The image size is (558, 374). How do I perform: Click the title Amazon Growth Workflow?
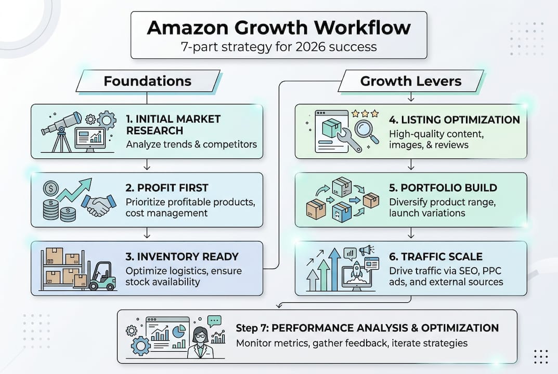coord(278,28)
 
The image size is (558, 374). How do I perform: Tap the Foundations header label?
coord(147,82)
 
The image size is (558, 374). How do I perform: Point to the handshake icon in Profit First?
coord(98,205)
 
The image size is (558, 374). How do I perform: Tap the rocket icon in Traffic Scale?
coord(356,273)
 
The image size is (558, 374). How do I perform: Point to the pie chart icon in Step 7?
coord(179,330)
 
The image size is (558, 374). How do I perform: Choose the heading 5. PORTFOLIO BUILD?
coord(443,188)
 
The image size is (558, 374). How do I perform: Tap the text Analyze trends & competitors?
coord(191,144)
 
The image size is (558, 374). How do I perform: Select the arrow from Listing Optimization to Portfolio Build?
coord(411,165)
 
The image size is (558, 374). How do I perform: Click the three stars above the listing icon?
coord(365,113)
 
